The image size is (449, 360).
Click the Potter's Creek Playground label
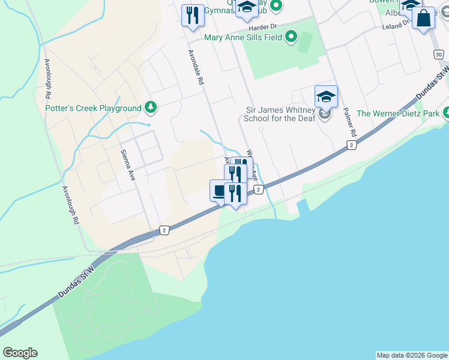click(93, 108)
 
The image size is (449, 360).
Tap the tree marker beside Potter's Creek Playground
click(151, 108)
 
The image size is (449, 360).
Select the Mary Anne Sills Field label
click(244, 37)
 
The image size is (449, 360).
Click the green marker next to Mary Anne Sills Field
click(291, 37)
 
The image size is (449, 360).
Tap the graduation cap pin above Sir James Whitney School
click(326, 97)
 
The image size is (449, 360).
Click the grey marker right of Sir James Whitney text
click(325, 113)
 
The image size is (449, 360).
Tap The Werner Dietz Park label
click(397, 113)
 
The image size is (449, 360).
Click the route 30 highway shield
click(439, 55)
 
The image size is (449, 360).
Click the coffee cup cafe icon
click(219, 191)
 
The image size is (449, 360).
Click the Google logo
click(20, 353)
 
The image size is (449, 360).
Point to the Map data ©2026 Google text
click(412, 355)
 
